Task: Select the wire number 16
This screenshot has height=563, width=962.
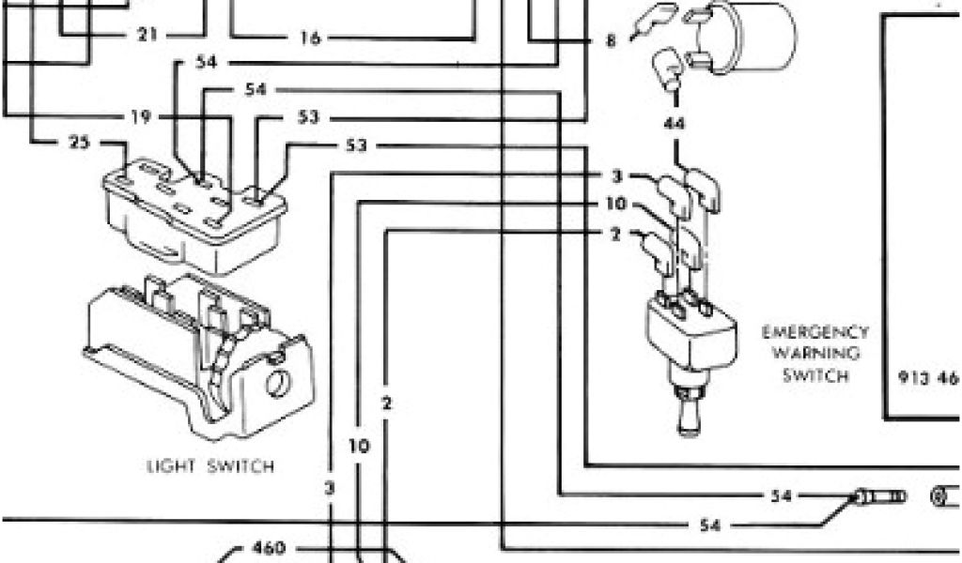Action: pos(311,38)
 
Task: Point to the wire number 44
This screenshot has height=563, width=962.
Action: pos(675,122)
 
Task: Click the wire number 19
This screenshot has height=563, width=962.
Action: pos(140,117)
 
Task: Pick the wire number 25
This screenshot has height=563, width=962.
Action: pos(79,143)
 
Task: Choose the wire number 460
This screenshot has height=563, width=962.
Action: pos(270,547)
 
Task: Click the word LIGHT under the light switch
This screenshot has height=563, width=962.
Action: pos(170,465)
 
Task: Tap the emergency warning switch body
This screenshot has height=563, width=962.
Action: pos(691,334)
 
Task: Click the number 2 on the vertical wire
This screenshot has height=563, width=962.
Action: pos(387,404)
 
